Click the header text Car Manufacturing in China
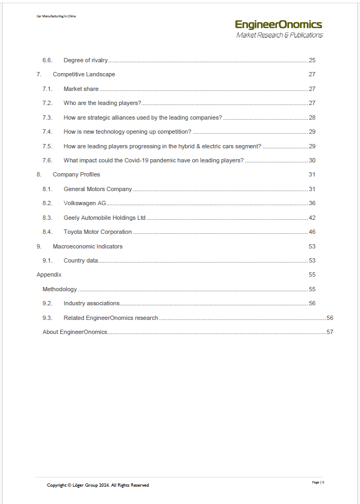(56, 16)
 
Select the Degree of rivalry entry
(86, 60)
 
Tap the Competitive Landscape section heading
(84, 74)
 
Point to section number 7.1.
(47, 89)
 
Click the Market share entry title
(81, 89)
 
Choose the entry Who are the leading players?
(102, 103)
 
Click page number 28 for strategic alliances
(312, 117)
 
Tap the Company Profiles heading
(76, 174)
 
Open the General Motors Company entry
(97, 189)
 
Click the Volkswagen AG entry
(84, 203)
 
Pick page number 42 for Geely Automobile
(312, 218)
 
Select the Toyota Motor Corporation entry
(97, 232)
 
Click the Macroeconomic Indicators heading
(88, 246)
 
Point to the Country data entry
(81, 260)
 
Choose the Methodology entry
(60, 289)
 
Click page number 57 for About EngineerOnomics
(330, 332)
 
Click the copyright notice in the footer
(98, 485)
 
